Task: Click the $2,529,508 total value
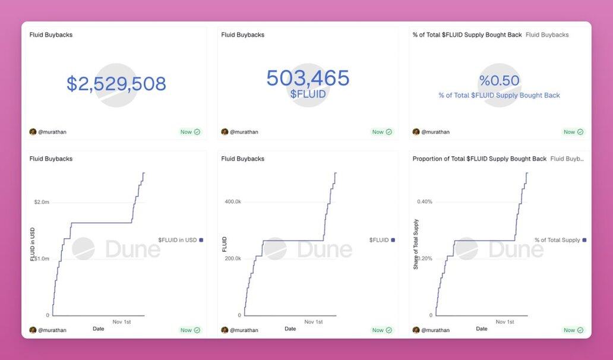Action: click(x=116, y=84)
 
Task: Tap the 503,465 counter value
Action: click(x=308, y=78)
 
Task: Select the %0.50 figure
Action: click(x=499, y=81)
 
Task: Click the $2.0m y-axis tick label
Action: click(x=42, y=202)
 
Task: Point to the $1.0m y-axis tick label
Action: click(x=42, y=258)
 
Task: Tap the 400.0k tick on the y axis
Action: click(x=233, y=202)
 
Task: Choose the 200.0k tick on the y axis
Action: click(x=233, y=258)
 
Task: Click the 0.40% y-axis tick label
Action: click(x=425, y=202)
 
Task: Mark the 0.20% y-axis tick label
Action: click(x=425, y=258)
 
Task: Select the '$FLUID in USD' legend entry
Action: click(x=178, y=240)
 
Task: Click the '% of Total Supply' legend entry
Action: click(x=557, y=240)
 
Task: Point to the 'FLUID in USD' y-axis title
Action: click(x=33, y=244)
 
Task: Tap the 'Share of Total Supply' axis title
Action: click(x=416, y=244)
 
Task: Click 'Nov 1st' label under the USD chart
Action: click(x=122, y=322)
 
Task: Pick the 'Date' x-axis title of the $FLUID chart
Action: click(x=290, y=329)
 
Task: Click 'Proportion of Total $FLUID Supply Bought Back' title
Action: click(x=479, y=159)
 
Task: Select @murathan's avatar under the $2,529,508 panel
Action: click(x=33, y=132)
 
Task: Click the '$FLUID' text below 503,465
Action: click(x=308, y=94)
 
